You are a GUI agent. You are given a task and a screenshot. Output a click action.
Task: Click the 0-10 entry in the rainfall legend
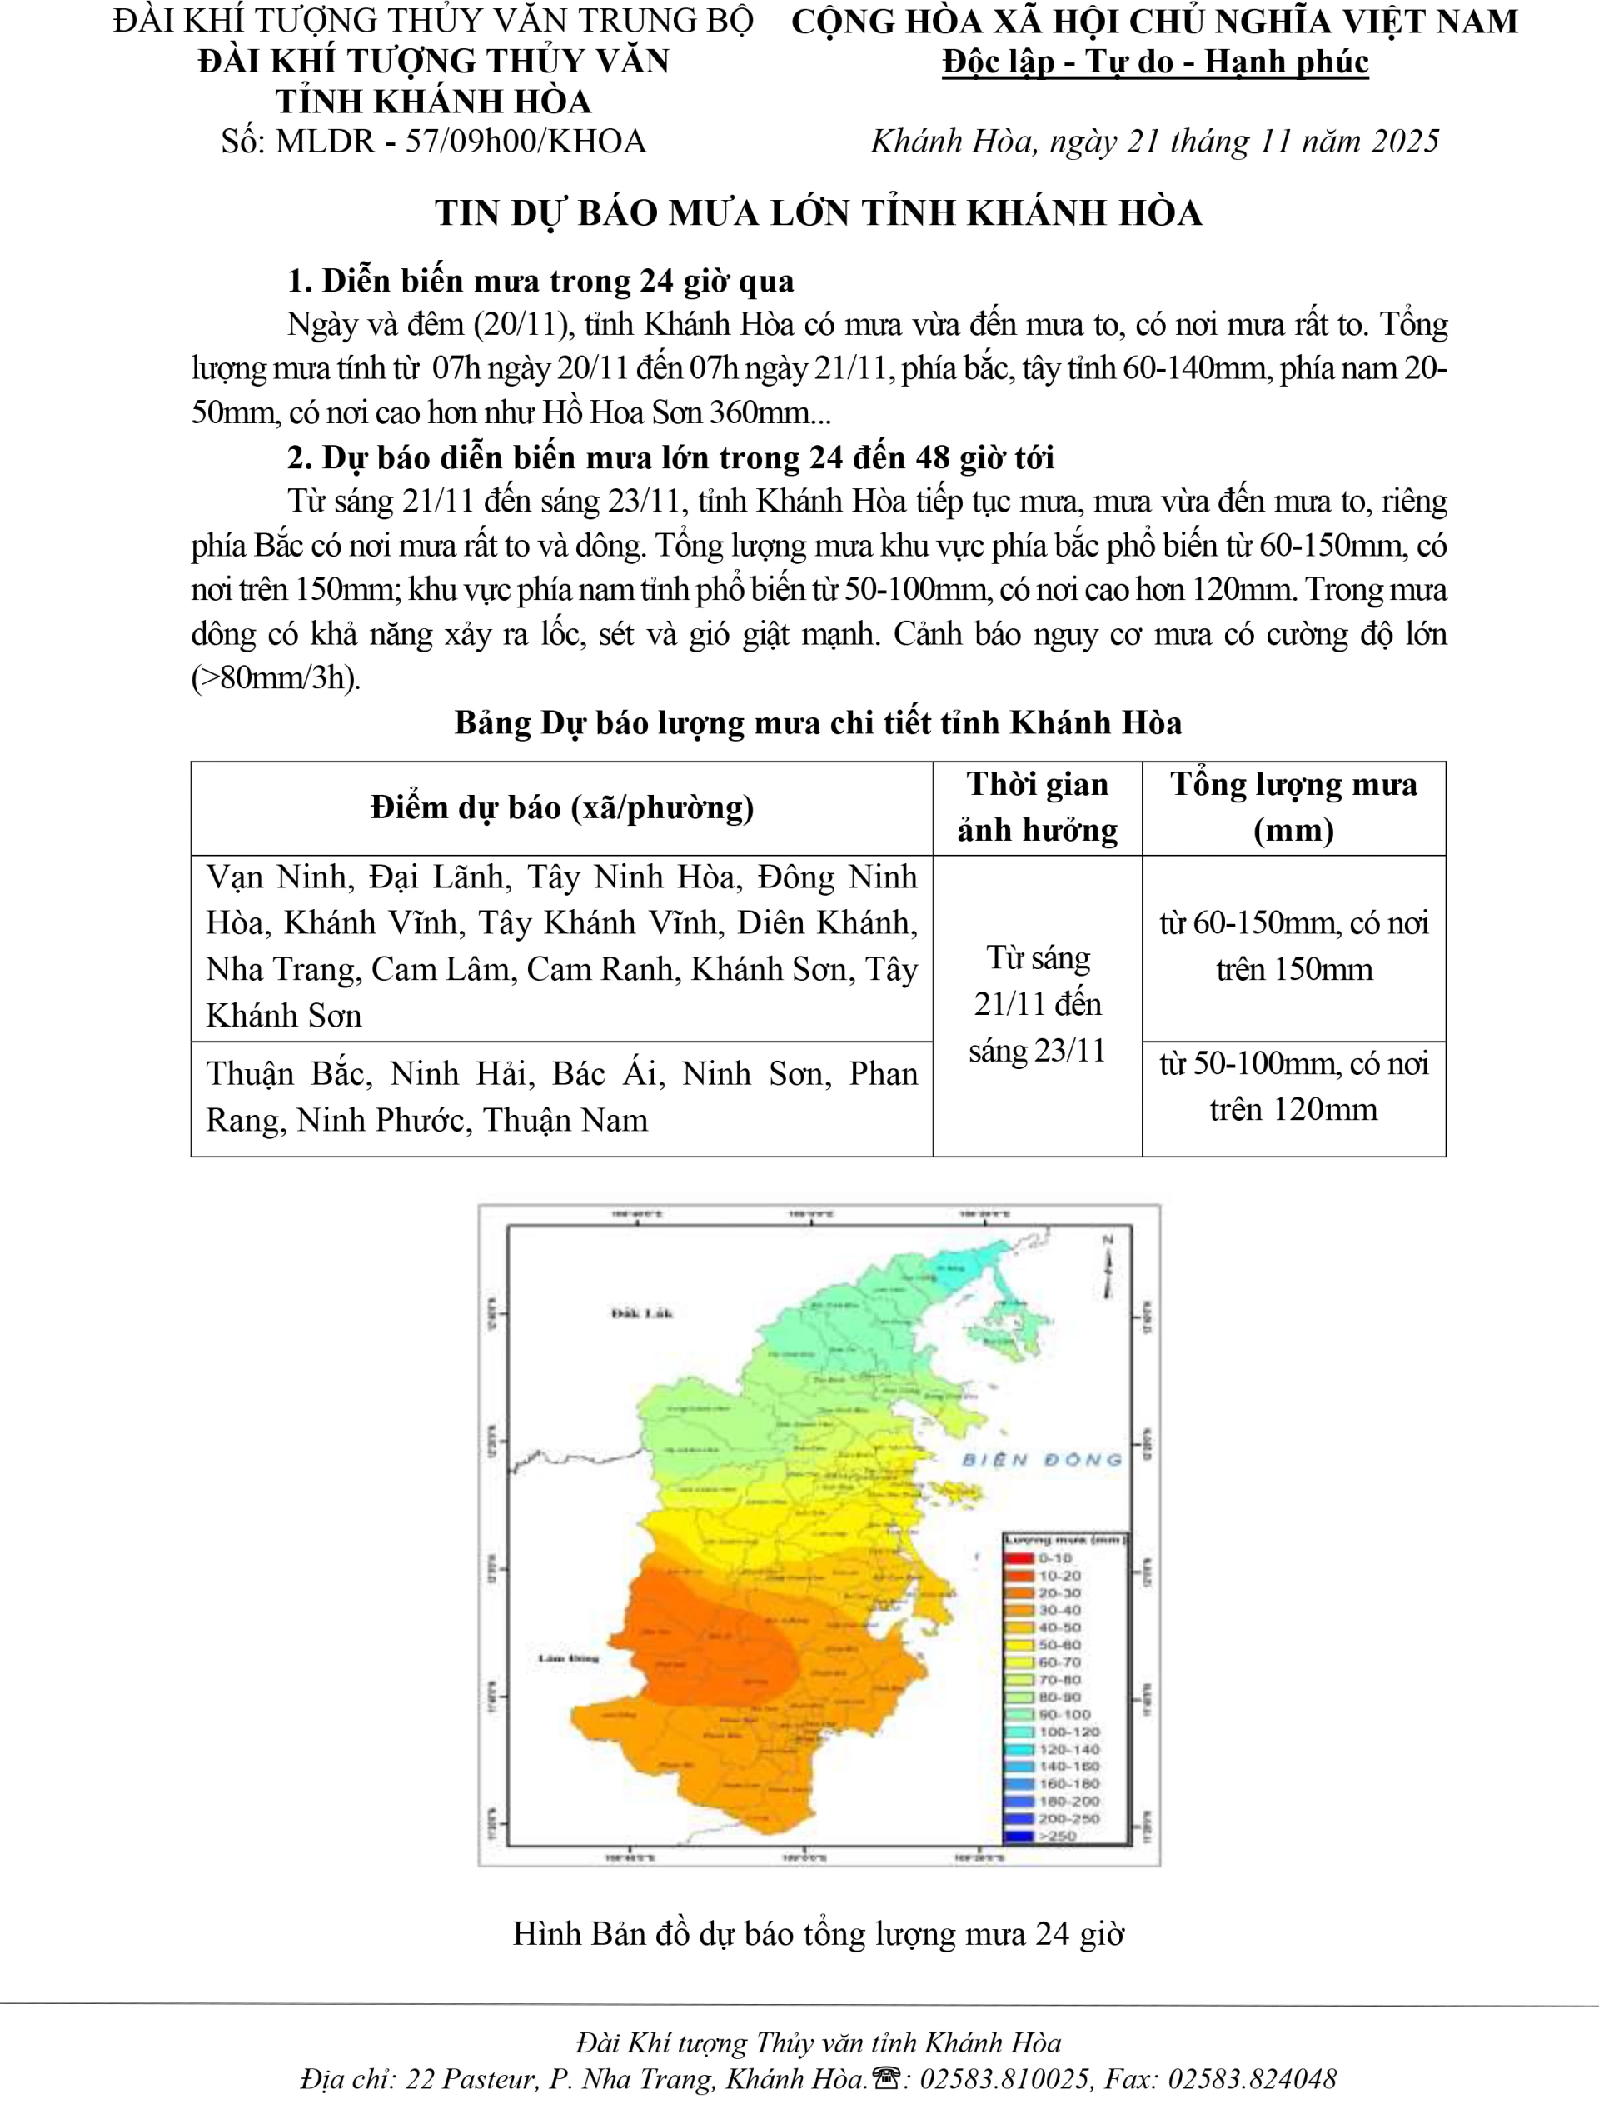tap(1054, 1558)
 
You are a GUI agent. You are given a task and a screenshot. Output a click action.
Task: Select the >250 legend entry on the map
tap(1057, 1836)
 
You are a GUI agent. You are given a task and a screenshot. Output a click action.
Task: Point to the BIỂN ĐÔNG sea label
tap(1042, 1460)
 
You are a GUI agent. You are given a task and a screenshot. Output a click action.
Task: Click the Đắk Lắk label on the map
tap(641, 1314)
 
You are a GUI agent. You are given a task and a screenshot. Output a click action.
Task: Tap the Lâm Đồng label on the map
tap(568, 1658)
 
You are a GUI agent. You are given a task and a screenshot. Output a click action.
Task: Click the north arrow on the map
tap(1107, 1267)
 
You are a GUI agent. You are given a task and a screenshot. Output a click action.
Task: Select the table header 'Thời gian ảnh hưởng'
tap(1037, 807)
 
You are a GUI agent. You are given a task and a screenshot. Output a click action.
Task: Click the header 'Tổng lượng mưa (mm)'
tap(1293, 807)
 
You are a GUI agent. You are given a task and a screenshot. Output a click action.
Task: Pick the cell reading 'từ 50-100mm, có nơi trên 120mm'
tap(1293, 1087)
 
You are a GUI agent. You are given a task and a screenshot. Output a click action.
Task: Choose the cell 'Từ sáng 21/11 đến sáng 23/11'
tap(1037, 1004)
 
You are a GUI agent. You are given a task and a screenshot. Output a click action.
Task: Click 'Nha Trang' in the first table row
tap(281, 969)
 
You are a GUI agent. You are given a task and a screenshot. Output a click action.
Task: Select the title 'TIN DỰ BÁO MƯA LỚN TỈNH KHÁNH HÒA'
tap(819, 213)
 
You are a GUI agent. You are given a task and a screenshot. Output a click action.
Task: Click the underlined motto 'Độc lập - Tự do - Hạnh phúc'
tap(1154, 62)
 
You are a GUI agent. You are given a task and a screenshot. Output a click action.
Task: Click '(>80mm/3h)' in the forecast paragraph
tap(276, 677)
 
